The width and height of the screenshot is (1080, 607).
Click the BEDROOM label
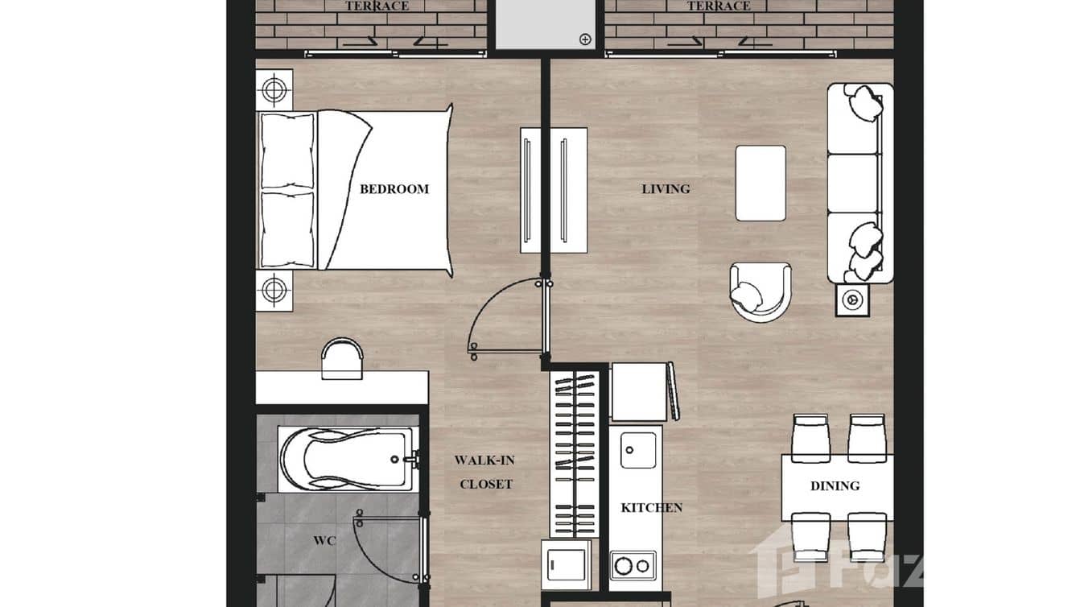pyautogui.click(x=394, y=189)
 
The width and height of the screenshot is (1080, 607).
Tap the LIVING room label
pyautogui.click(x=666, y=189)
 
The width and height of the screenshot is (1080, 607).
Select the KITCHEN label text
pyautogui.click(x=651, y=508)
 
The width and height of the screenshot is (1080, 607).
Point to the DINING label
pyautogui.click(x=835, y=486)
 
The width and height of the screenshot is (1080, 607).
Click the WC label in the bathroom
pyautogui.click(x=324, y=540)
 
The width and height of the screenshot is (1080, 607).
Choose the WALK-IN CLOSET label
pyautogui.click(x=485, y=473)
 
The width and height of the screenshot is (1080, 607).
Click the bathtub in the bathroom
pyautogui.click(x=346, y=459)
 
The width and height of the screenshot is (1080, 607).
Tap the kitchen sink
pyautogui.click(x=638, y=449)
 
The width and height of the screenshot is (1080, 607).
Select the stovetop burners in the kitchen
pyautogui.click(x=633, y=565)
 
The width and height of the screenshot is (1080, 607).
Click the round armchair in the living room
pyautogui.click(x=760, y=291)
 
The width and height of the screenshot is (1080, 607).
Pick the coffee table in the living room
pyautogui.click(x=761, y=183)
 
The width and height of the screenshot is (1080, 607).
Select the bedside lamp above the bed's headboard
pyautogui.click(x=274, y=89)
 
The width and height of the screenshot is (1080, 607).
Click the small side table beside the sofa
pyautogui.click(x=851, y=300)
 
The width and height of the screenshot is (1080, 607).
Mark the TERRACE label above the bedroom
pyautogui.click(x=377, y=6)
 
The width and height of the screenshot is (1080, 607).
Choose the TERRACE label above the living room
pyautogui.click(x=718, y=6)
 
